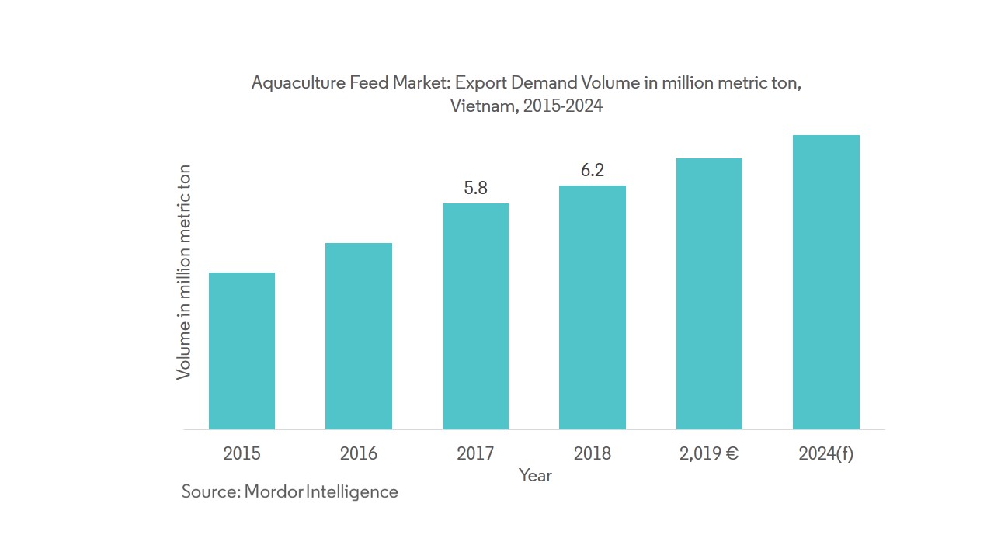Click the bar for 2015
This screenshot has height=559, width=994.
242,351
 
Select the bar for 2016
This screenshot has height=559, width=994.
359,336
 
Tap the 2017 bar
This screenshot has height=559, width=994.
475,316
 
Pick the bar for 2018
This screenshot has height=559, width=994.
593,307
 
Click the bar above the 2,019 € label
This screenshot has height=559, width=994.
709,293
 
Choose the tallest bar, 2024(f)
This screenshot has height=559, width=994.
826,282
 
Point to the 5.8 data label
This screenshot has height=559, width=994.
475,188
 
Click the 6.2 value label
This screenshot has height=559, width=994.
593,170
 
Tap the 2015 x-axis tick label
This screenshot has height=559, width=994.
242,453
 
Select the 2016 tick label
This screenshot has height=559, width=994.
359,453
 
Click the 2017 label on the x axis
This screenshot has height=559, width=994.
475,453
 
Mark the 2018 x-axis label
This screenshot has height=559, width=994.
593,453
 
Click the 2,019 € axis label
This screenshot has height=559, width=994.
709,453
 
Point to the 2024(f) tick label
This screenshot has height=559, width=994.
826,453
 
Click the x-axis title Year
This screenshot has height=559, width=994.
535,475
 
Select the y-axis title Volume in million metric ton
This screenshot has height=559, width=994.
184,272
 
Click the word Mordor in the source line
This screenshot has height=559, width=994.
273,491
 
